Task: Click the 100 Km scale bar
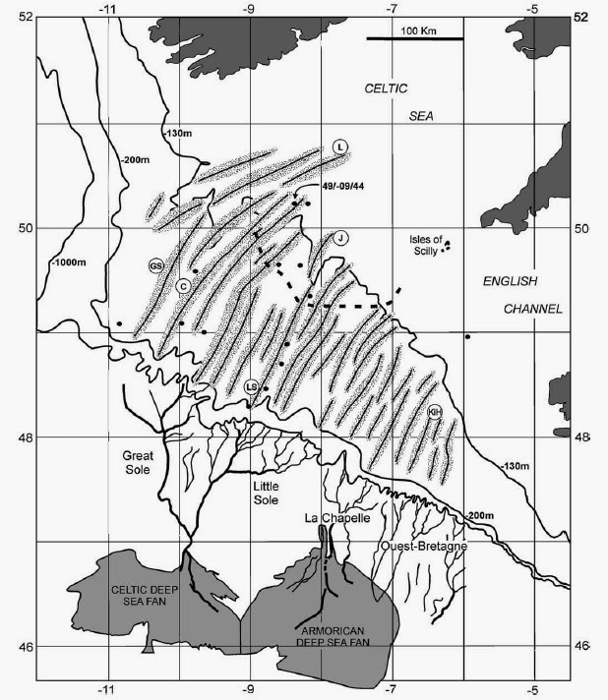coord(414,38)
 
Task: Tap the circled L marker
coord(339,146)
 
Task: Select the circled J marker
coord(338,237)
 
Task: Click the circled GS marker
coord(155,265)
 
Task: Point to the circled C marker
coord(183,285)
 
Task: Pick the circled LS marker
coord(252,387)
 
